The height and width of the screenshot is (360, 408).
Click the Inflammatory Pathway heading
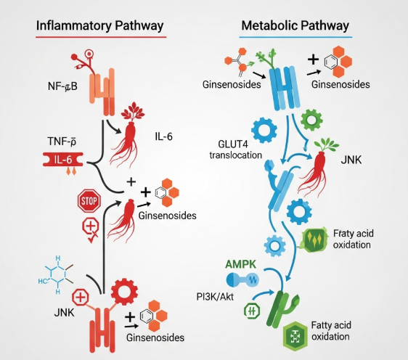point(99,25)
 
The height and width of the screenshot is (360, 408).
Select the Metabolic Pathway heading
point(296,25)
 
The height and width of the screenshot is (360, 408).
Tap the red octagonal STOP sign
point(88,200)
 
